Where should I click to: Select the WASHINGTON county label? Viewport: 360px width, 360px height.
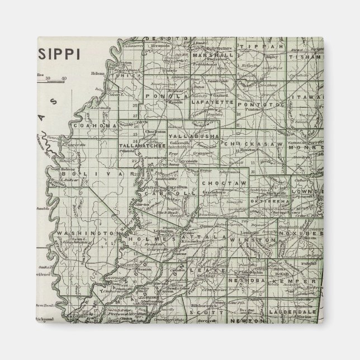(93, 231)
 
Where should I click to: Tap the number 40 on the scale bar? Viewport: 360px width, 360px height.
(64, 78)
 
